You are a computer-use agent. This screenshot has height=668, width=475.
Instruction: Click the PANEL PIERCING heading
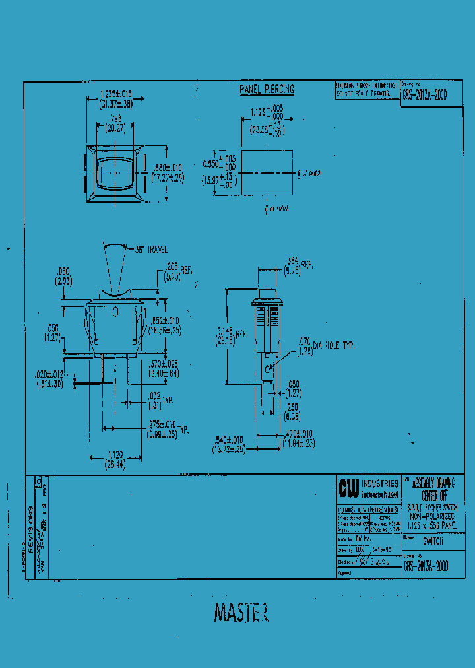[266, 89]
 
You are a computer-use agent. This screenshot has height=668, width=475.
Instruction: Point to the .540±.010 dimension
[229, 444]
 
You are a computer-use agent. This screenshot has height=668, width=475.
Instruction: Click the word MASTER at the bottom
[240, 613]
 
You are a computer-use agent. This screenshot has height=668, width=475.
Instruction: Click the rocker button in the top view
[115, 174]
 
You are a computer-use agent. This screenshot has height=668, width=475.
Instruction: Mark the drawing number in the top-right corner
[424, 94]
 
